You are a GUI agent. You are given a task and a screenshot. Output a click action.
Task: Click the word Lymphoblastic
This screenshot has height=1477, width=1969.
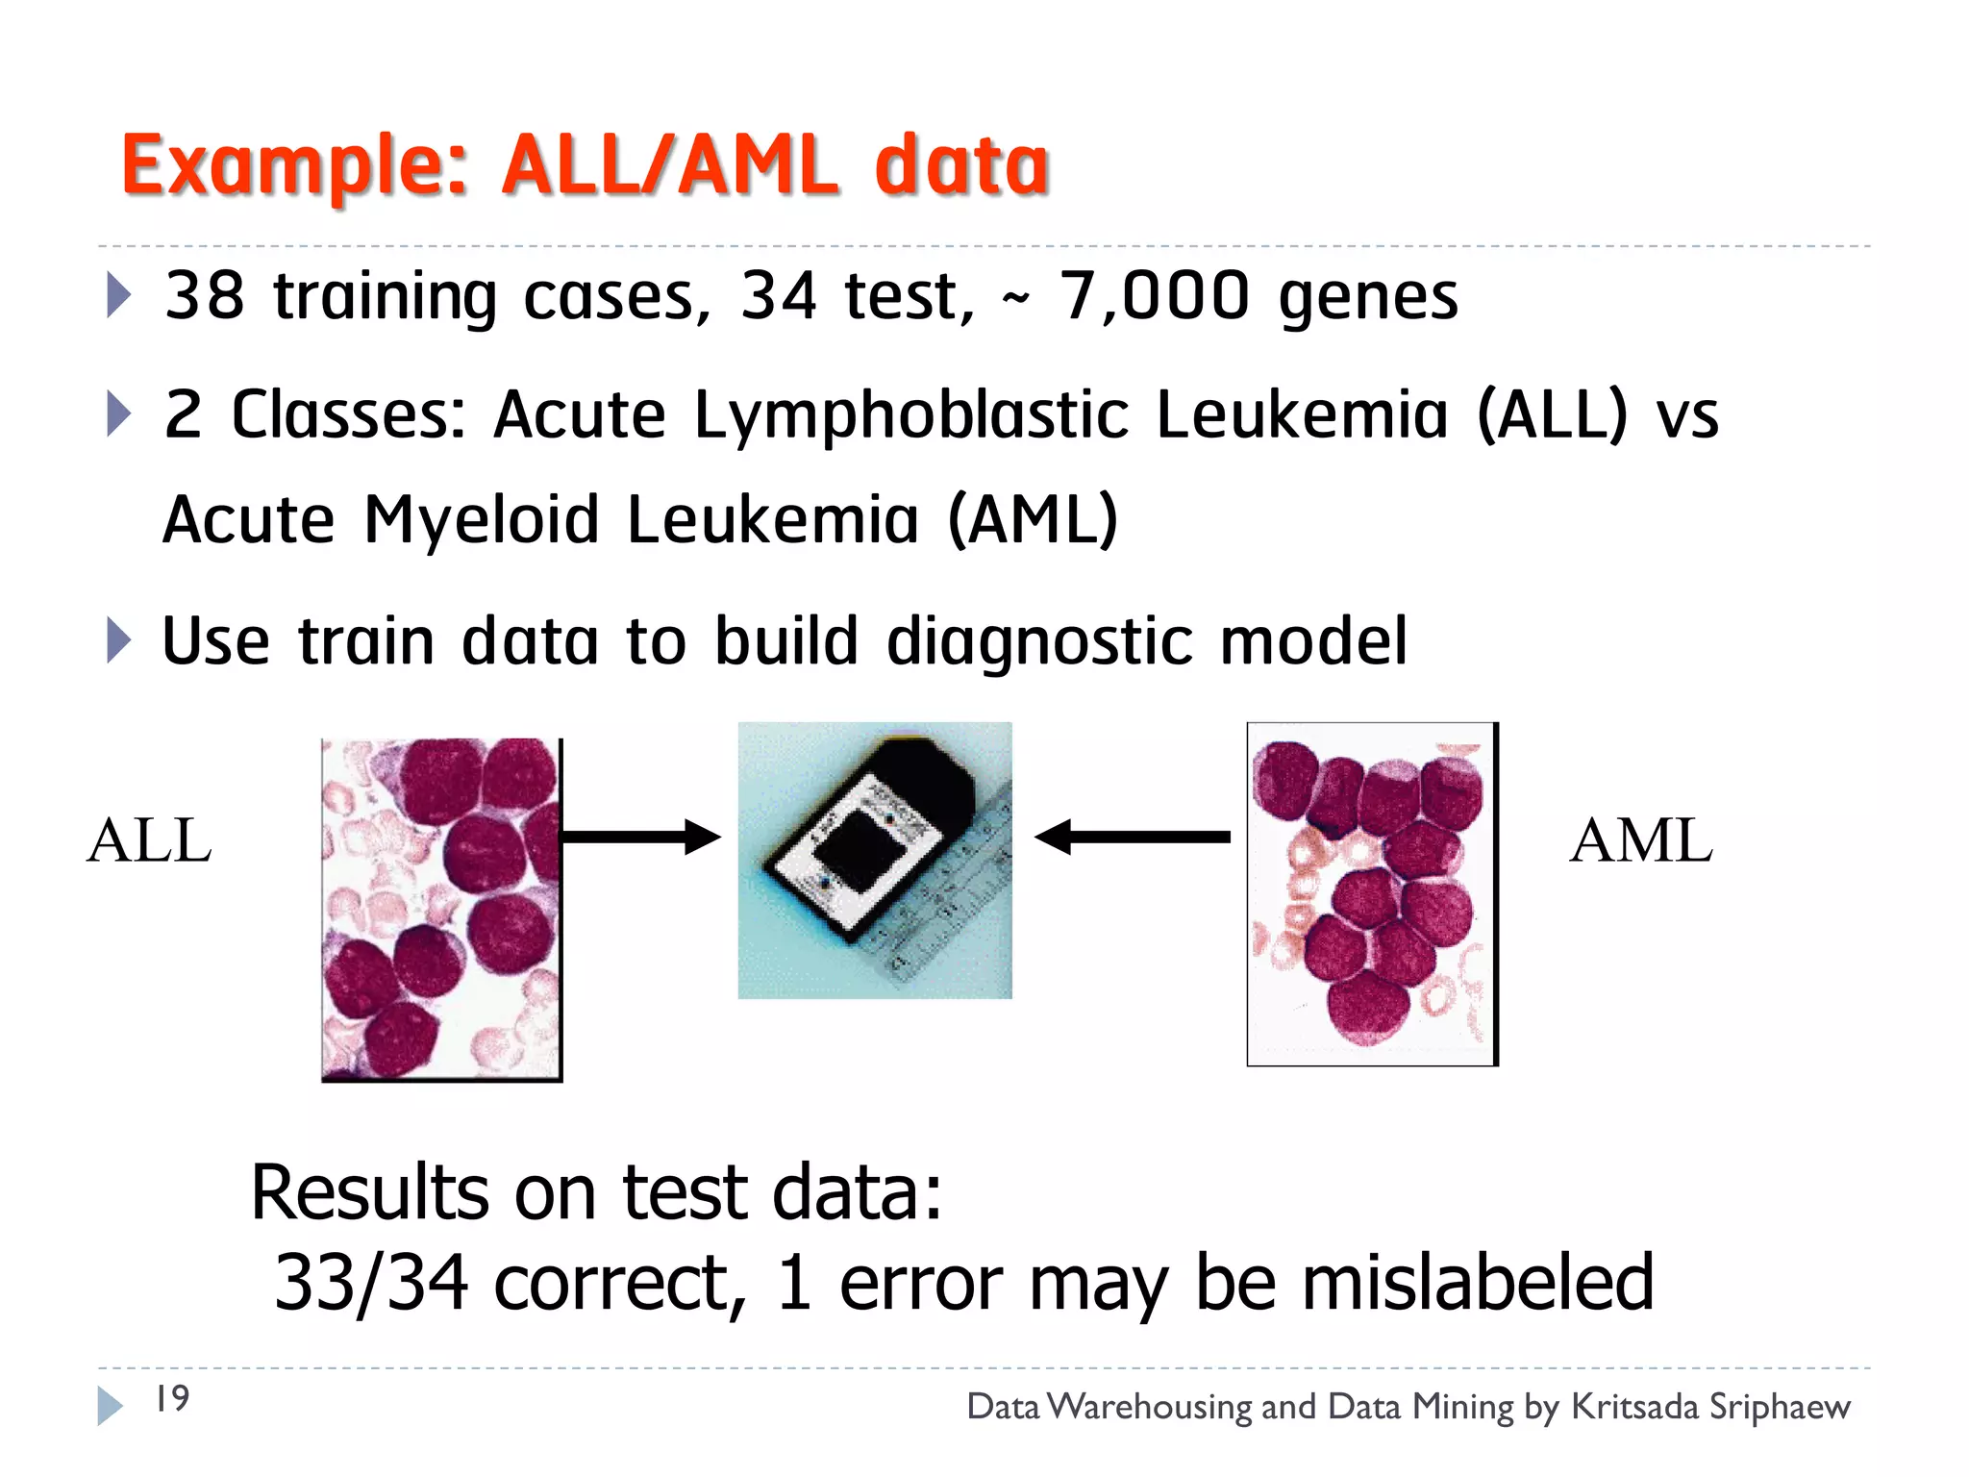pyautogui.click(x=910, y=415)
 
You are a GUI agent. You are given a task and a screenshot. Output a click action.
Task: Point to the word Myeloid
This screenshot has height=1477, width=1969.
pyautogui.click(x=482, y=520)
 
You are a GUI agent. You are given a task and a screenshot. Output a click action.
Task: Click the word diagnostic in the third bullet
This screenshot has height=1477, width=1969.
pyautogui.click(x=1039, y=641)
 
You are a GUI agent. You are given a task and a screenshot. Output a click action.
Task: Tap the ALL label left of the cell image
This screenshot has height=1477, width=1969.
pyautogui.click(x=149, y=840)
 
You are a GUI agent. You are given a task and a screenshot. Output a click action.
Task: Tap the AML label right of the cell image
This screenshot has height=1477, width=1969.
pyautogui.click(x=1640, y=840)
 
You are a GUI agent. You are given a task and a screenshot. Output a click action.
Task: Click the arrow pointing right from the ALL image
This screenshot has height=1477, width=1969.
pyautogui.click(x=640, y=837)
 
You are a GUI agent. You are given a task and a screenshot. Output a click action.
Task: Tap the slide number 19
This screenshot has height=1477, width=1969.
pyautogui.click(x=173, y=1398)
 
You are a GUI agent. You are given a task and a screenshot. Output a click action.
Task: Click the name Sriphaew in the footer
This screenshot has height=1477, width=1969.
pyautogui.click(x=1780, y=1407)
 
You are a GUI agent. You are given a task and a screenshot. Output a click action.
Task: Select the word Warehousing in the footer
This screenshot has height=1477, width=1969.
pyautogui.click(x=1149, y=1407)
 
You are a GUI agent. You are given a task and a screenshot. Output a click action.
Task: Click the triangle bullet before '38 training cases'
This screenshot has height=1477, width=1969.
pyautogui.click(x=117, y=294)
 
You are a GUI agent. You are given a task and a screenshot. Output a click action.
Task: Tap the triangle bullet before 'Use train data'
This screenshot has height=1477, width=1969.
pyautogui.click(x=117, y=640)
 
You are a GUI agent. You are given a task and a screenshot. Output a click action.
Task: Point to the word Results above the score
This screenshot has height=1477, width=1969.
pyautogui.click(x=371, y=1192)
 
